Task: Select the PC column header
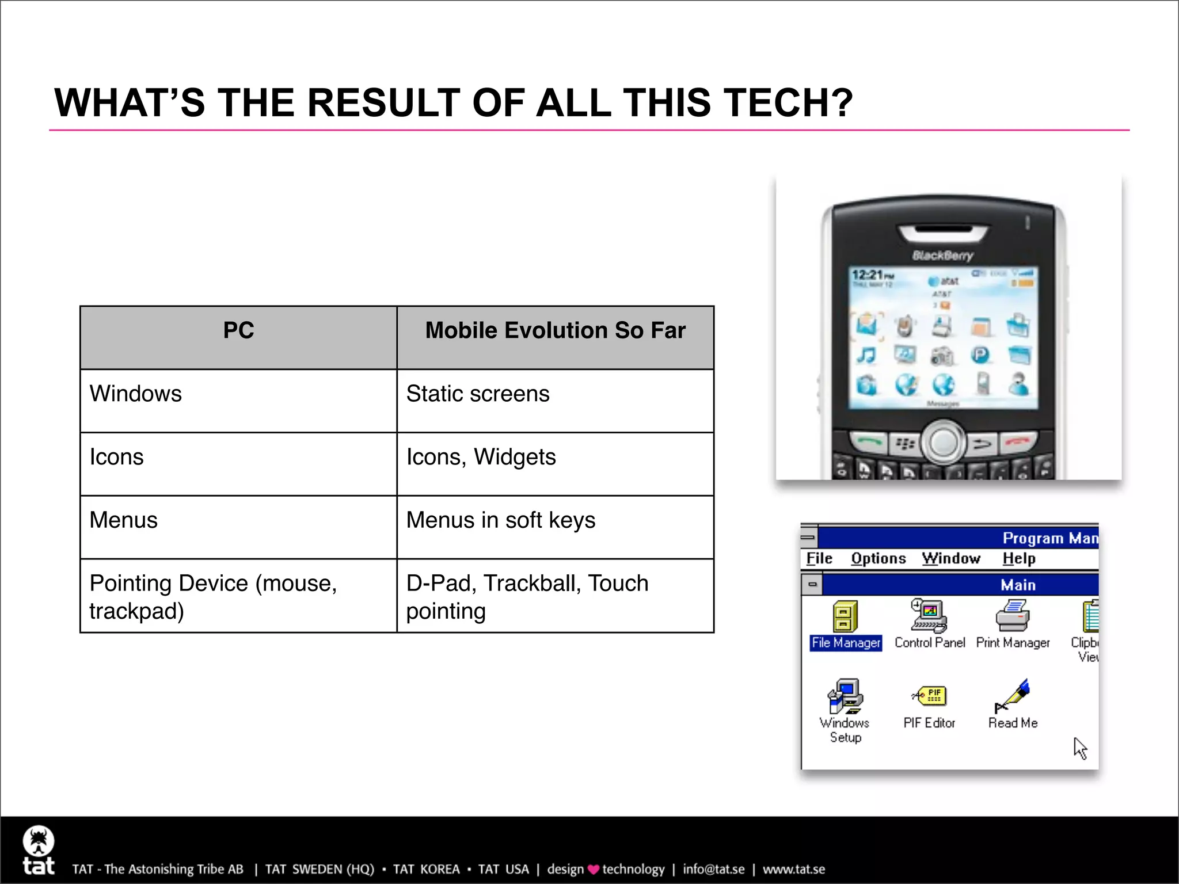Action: [x=238, y=331]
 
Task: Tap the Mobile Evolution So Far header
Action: [x=555, y=331]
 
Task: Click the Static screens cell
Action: [x=478, y=394]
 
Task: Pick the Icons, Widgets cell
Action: [x=481, y=458]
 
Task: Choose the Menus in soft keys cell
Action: [x=500, y=520]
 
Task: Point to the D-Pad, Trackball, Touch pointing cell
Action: [x=527, y=597]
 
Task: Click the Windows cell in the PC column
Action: [x=136, y=394]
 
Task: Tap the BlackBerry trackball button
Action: [x=944, y=442]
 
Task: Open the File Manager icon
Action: [x=845, y=617]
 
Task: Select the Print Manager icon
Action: [x=1013, y=616]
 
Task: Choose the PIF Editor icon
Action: [x=929, y=696]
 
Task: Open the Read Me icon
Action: [x=1013, y=696]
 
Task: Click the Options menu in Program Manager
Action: [x=878, y=558]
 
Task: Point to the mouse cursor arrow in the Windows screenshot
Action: [x=1079, y=748]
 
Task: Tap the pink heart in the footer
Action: [x=593, y=870]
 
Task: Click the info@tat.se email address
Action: [x=713, y=869]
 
